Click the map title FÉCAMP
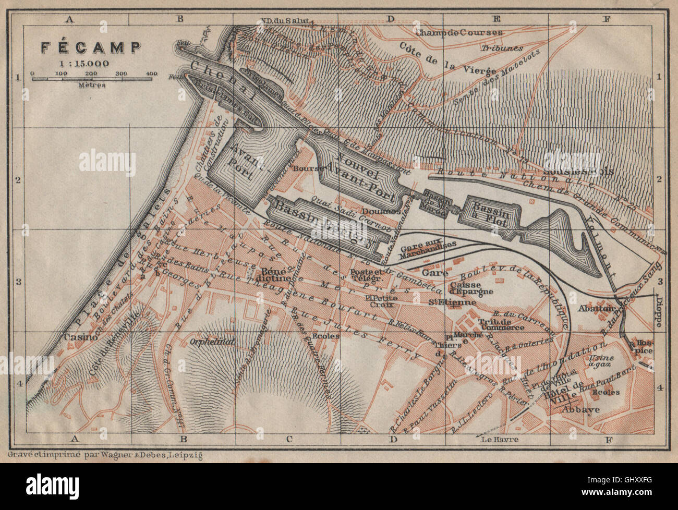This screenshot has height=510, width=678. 91,48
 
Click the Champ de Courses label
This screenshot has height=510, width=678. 459,32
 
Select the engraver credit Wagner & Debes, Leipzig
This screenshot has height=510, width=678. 103,455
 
